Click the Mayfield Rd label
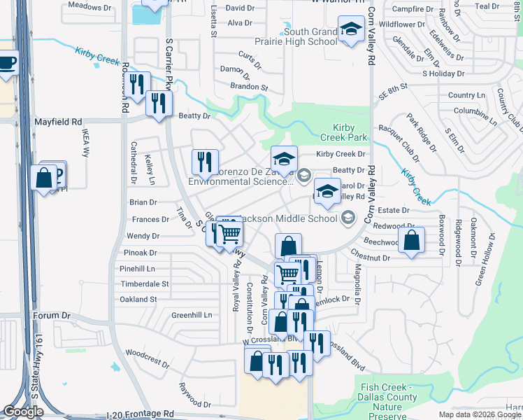pyautogui.click(x=58, y=122)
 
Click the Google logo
pyautogui.click(x=23, y=412)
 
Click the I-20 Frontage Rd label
pyautogui.click(x=139, y=414)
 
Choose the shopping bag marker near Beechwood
pyautogui.click(x=412, y=239)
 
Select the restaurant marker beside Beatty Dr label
pyautogui.click(x=159, y=104)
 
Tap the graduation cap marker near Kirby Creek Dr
pyautogui.click(x=284, y=157)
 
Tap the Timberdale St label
pyautogui.click(x=144, y=284)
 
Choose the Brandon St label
pyautogui.click(x=249, y=87)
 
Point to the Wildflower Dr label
pyautogui.click(x=401, y=24)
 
